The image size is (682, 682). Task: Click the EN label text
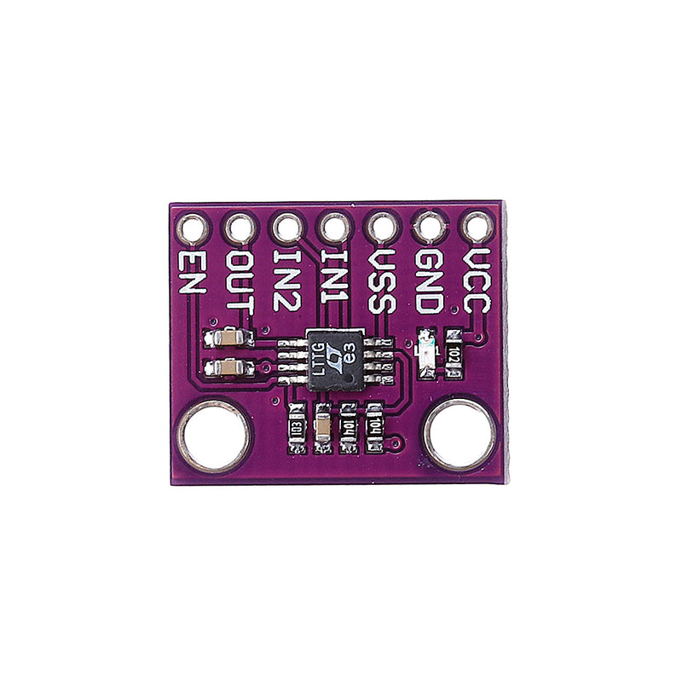(193, 272)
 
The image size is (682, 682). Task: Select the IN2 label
(287, 278)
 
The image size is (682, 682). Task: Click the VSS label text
(381, 280)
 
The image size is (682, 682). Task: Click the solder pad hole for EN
(193, 228)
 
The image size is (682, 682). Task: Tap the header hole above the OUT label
(240, 228)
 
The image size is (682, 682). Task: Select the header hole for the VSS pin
(381, 228)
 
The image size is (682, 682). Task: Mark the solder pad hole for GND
(428, 228)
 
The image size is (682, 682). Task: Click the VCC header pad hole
(476, 228)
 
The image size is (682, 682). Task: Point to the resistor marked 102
(454, 352)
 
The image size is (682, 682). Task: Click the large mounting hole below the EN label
(214, 436)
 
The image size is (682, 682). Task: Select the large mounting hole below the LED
(460, 436)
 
